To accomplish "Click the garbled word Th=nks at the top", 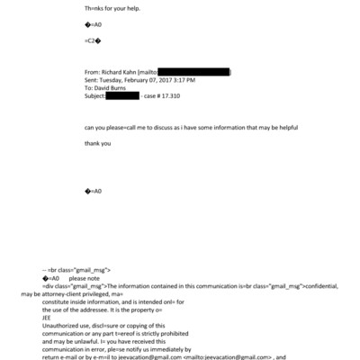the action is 95,6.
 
